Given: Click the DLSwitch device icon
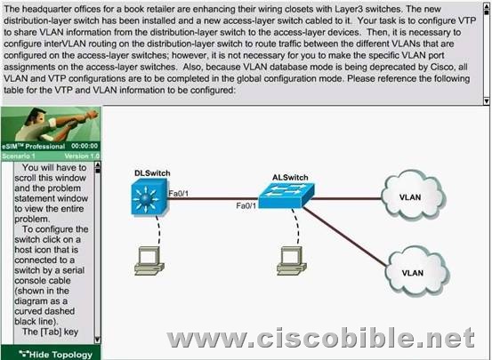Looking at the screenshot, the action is click(x=149, y=197).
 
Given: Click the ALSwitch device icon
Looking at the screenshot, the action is click(x=286, y=196).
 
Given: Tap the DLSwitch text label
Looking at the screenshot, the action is click(x=152, y=173).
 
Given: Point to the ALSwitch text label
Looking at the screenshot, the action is click(x=290, y=178).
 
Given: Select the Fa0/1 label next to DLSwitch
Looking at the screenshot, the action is click(x=179, y=193).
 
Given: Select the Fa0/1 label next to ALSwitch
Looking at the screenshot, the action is click(x=246, y=205).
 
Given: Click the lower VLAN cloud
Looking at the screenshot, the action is click(x=417, y=272).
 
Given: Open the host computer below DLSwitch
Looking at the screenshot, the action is click(x=149, y=261).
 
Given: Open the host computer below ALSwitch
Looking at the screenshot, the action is click(x=292, y=261).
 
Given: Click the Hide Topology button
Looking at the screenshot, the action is click(x=55, y=355).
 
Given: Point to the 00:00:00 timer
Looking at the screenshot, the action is click(x=85, y=146).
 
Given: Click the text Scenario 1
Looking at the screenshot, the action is click(x=19, y=156).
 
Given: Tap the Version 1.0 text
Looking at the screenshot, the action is click(x=82, y=156).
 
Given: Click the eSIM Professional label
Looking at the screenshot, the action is click(x=33, y=146).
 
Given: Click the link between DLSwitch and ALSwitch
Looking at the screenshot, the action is click(x=214, y=198).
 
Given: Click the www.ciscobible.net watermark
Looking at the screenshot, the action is click(x=320, y=337).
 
